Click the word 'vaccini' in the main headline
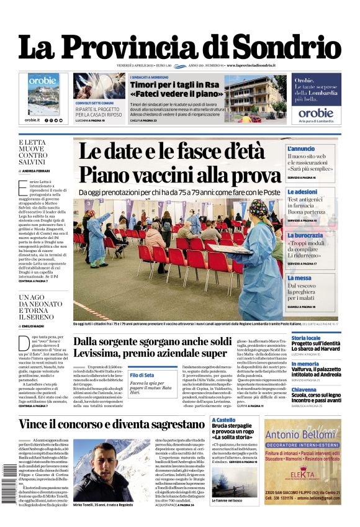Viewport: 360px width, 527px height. (x=178, y=175)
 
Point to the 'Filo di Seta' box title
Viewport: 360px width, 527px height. (x=142, y=375)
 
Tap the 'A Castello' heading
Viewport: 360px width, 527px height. (x=223, y=420)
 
